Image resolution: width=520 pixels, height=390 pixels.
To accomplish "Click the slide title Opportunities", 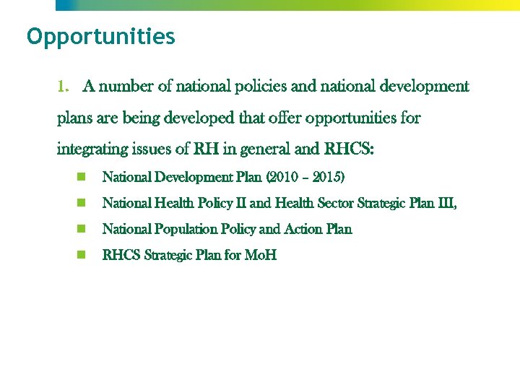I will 100,37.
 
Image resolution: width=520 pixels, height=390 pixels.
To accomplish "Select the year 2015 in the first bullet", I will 327,177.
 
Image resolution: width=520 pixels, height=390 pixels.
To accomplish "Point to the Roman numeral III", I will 445,204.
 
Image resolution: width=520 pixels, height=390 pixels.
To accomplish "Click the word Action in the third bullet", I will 303,230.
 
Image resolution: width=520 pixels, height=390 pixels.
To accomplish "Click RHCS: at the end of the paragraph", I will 349,150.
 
